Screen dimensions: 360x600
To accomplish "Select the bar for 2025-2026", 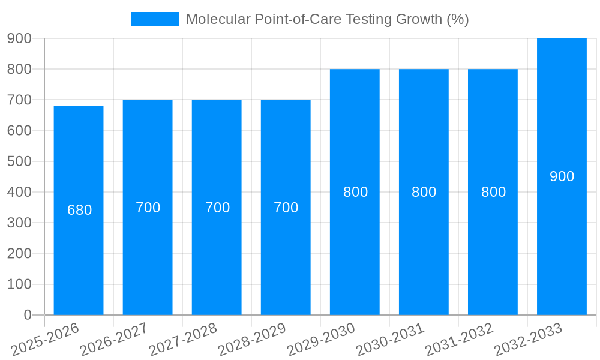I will [x=79, y=210].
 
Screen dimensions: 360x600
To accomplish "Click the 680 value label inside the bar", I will [x=79, y=211].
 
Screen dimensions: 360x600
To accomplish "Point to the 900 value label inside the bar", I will [x=562, y=176].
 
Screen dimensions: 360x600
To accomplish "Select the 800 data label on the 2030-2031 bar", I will [x=424, y=192].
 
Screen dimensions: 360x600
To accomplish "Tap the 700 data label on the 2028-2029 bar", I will [x=286, y=208].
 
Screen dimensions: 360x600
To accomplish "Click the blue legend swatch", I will [x=155, y=19].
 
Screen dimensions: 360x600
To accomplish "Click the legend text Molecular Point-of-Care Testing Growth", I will [x=327, y=19].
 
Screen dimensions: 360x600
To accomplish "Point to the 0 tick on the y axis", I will [x=27, y=315].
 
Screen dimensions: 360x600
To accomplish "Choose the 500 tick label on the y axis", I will [x=19, y=161].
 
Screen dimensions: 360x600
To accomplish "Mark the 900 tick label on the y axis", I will [x=19, y=38].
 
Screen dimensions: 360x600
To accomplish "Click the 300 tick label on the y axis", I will [x=19, y=223].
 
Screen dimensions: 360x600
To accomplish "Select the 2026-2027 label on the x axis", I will [x=114, y=340].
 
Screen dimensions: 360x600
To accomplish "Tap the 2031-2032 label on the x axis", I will [x=459, y=340].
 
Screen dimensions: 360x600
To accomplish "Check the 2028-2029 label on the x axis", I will [x=252, y=340].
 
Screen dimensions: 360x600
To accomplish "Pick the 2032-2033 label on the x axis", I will [x=528, y=340].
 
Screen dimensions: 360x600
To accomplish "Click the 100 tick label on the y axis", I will [x=19, y=284].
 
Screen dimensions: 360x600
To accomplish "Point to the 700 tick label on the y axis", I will [x=19, y=100].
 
